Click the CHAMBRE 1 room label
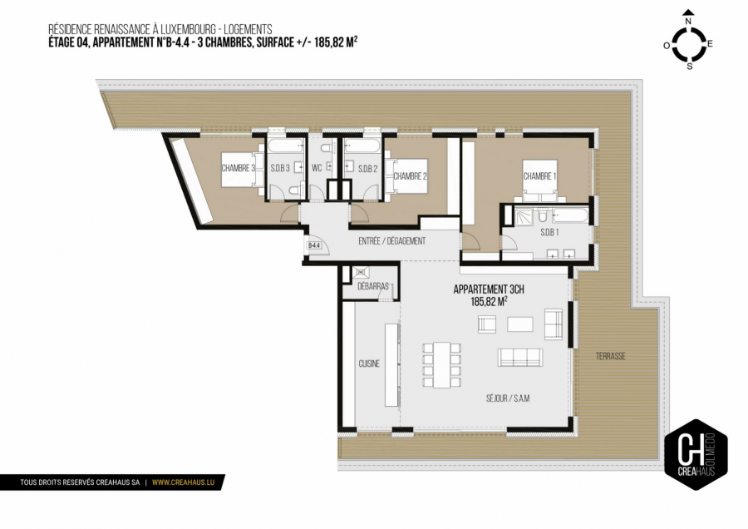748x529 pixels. (539, 176)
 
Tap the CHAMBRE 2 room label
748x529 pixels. (410, 176)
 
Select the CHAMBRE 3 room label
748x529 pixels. (237, 168)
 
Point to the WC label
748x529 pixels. (317, 168)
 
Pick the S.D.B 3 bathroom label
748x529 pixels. (279, 168)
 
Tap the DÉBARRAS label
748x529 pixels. (372, 285)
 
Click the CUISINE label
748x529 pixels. (369, 363)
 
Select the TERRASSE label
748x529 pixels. (610, 356)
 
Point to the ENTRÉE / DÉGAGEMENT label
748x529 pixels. (391, 241)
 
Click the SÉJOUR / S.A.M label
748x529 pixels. (508, 398)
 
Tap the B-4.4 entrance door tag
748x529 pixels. (314, 246)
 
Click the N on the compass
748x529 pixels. (688, 12)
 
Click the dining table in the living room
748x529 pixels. (440, 365)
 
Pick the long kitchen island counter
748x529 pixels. (391, 363)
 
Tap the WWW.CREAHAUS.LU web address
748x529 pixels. (185, 482)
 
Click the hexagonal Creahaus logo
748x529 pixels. (696, 453)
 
